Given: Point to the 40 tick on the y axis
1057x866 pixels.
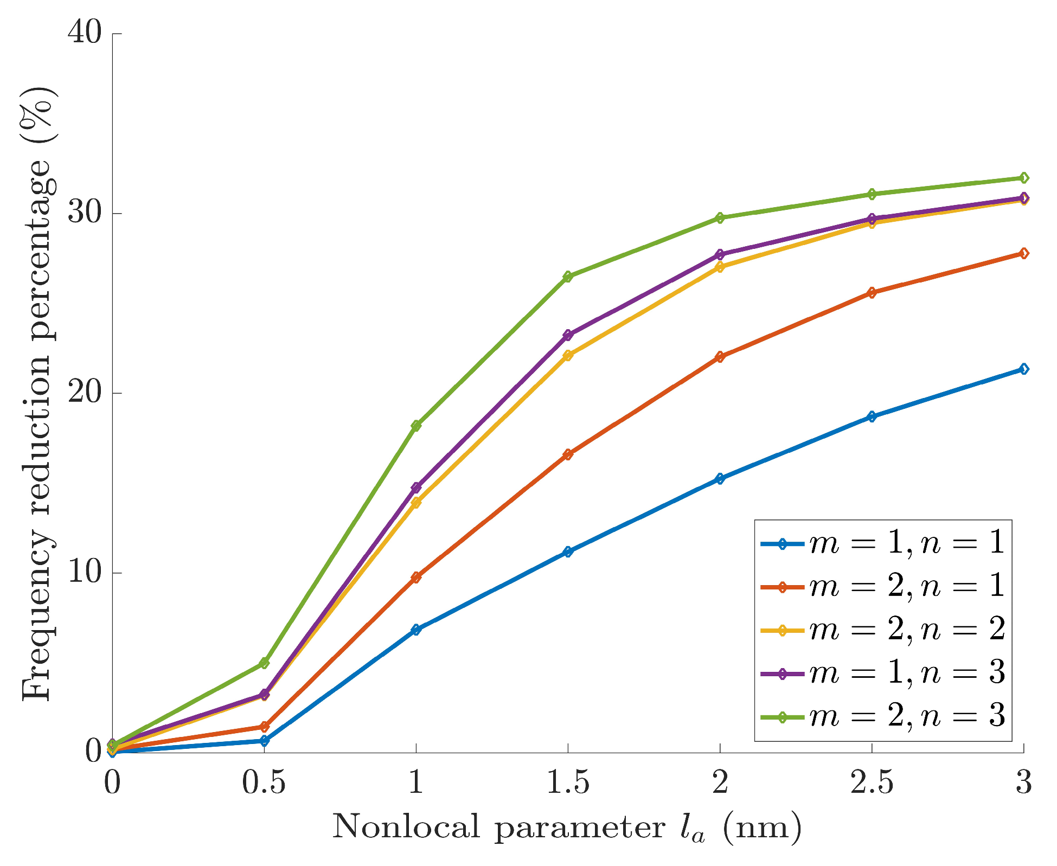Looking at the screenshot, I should point(85,34).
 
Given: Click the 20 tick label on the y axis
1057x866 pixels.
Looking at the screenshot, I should point(85,393).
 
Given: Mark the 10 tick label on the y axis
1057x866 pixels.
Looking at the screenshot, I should point(85,573).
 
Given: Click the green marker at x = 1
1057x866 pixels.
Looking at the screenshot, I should point(416,426).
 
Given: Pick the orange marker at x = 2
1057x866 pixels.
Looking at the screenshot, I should point(720,357).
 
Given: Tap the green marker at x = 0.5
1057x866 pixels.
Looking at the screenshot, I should point(264,663).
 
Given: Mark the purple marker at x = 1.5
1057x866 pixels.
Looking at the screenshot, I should point(568,335).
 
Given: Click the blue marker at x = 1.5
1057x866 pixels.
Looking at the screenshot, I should point(568,552).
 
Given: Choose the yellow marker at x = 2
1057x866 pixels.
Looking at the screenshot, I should point(720,267).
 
